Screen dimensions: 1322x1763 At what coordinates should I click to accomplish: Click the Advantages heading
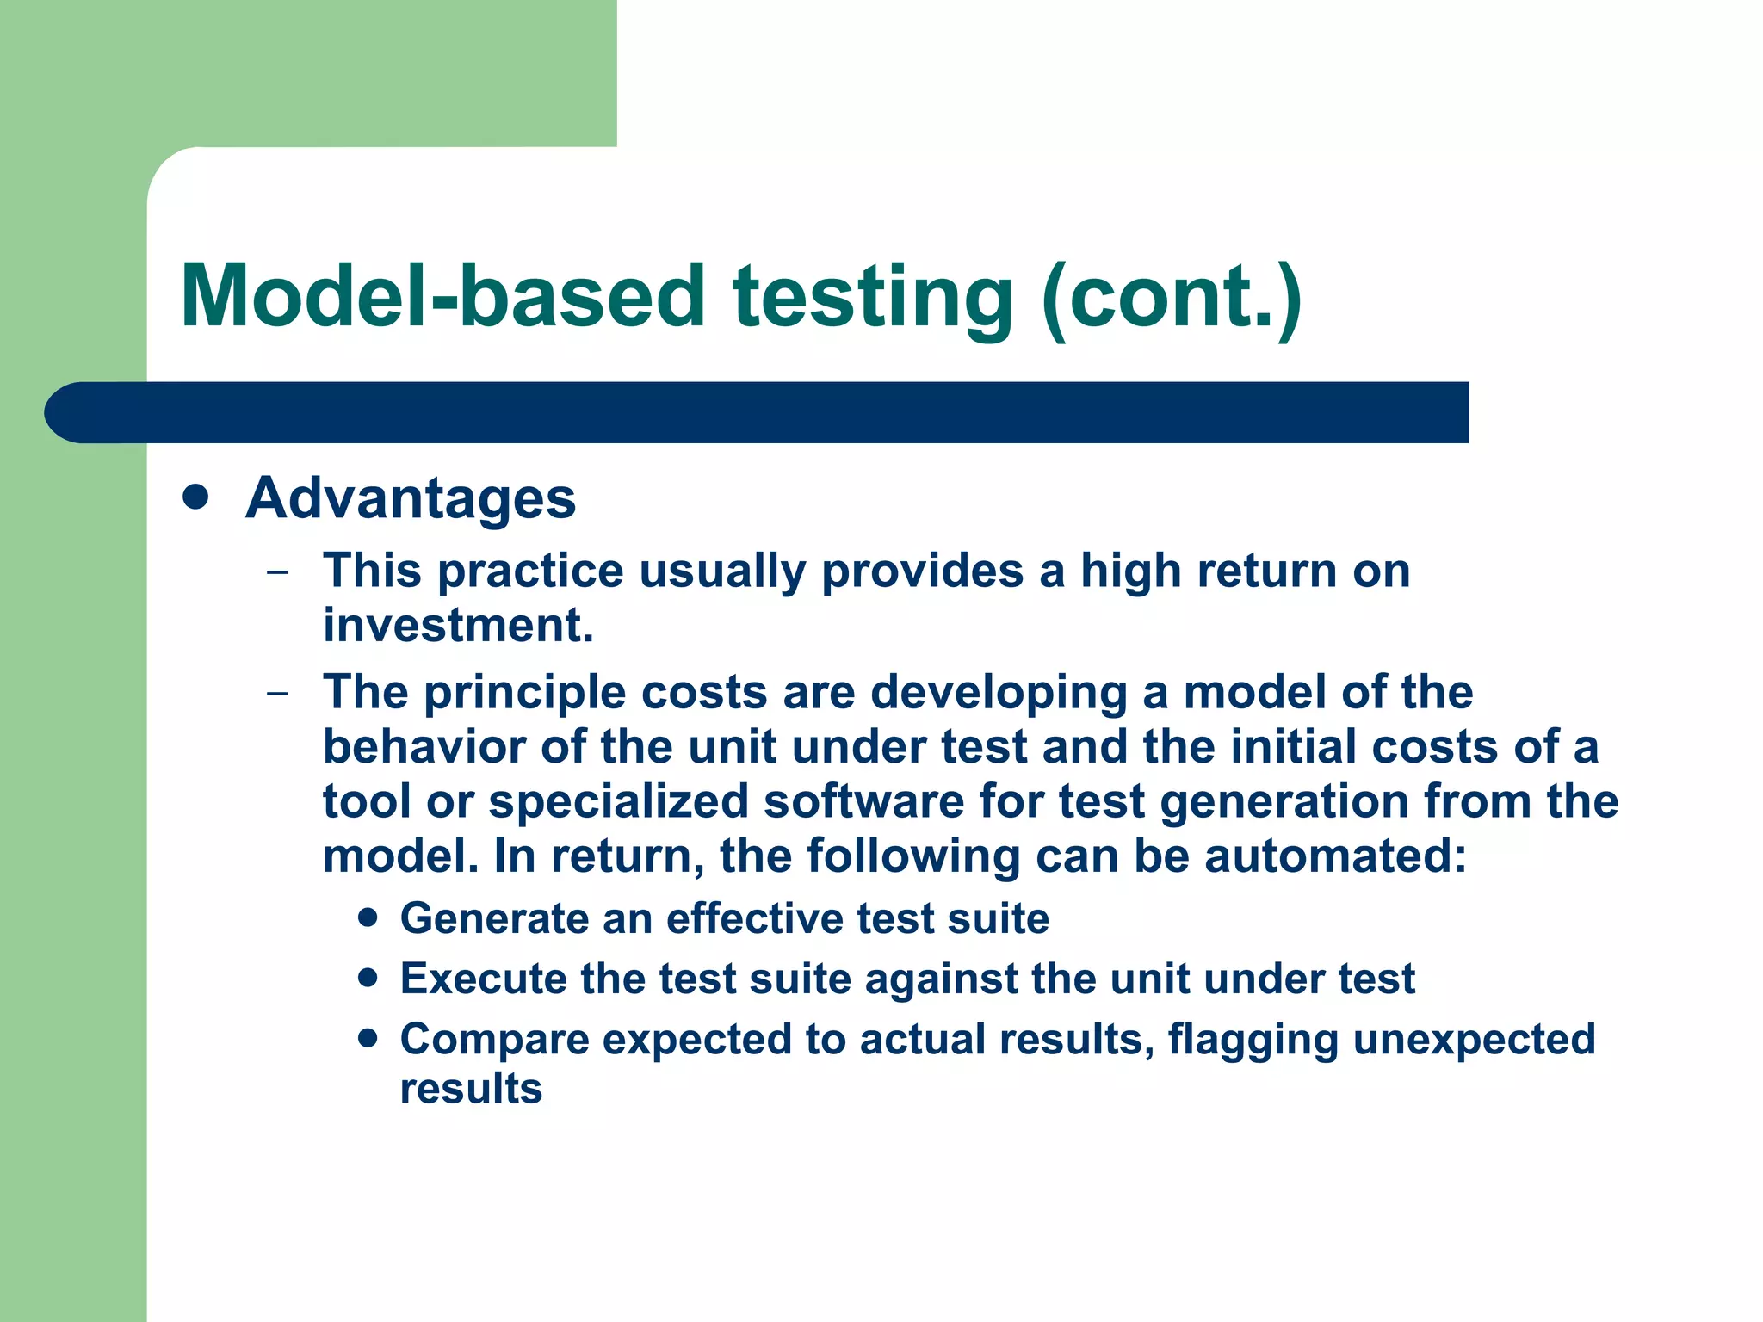[411, 498]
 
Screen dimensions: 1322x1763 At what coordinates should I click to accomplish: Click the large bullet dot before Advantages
[196, 497]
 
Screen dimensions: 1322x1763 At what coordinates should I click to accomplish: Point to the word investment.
[458, 626]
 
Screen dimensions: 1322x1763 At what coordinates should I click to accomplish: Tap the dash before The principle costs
[277, 693]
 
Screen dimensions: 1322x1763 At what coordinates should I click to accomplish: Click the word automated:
[1335, 856]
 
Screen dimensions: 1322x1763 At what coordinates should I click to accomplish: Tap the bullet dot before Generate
[368, 917]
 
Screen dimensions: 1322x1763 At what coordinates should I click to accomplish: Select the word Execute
[483, 979]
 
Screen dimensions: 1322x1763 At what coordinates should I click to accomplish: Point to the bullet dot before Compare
[368, 1038]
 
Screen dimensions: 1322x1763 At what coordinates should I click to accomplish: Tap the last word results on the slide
[471, 1089]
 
